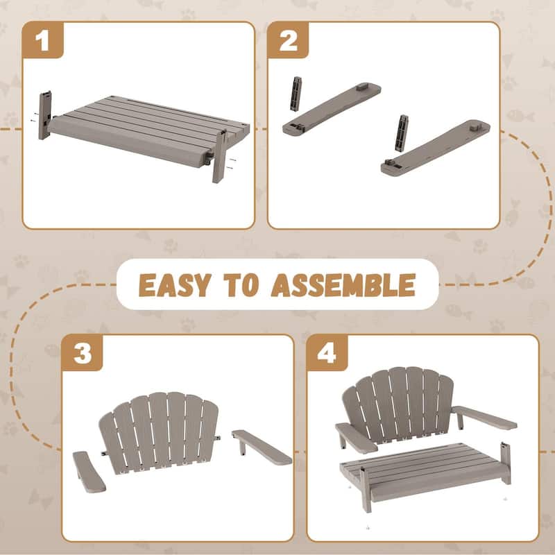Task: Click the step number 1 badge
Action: [x=43, y=40]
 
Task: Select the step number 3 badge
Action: [x=83, y=354]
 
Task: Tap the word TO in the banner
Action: [x=250, y=284]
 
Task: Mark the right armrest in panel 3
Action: [x=262, y=447]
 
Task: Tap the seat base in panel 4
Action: [x=427, y=475]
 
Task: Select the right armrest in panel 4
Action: [x=486, y=418]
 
